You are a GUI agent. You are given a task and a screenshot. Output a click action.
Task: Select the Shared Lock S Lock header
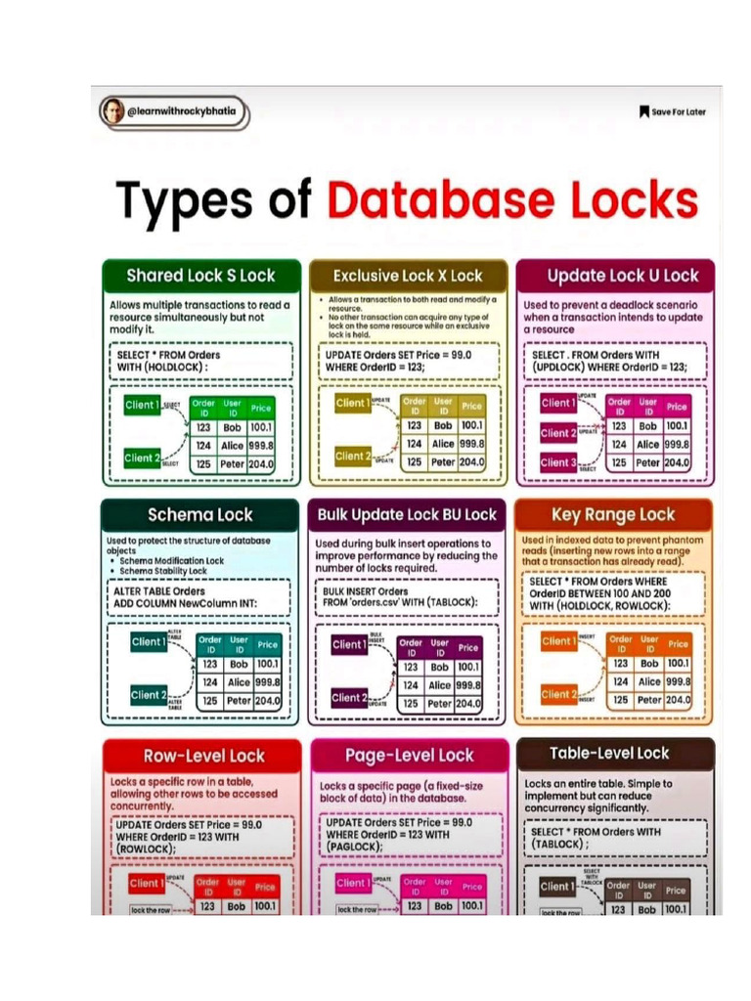point(200,276)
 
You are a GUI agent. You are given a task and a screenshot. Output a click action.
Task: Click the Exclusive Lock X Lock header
point(408,276)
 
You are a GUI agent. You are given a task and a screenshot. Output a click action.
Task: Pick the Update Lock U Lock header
point(615,276)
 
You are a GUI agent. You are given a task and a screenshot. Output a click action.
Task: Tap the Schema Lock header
point(199,515)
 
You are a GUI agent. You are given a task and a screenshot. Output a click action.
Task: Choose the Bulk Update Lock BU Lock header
point(408,515)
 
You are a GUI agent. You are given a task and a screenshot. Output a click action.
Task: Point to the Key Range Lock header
point(613,515)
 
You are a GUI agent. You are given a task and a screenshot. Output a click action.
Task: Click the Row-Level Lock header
point(203,755)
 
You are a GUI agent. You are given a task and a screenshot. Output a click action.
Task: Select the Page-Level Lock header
point(409,755)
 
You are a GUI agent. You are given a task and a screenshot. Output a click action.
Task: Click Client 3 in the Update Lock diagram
point(558,462)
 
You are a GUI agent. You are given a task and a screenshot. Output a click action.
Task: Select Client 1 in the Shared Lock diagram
point(142,404)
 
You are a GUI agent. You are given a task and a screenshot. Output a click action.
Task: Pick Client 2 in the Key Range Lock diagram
point(558,694)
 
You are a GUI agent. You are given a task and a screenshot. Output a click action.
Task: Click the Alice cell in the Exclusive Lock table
point(443,444)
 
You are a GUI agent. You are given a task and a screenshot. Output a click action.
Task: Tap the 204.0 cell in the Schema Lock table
point(268,701)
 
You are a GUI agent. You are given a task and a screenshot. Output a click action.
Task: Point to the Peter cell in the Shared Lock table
point(232,463)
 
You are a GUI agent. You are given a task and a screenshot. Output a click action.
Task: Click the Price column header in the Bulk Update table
point(468,647)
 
